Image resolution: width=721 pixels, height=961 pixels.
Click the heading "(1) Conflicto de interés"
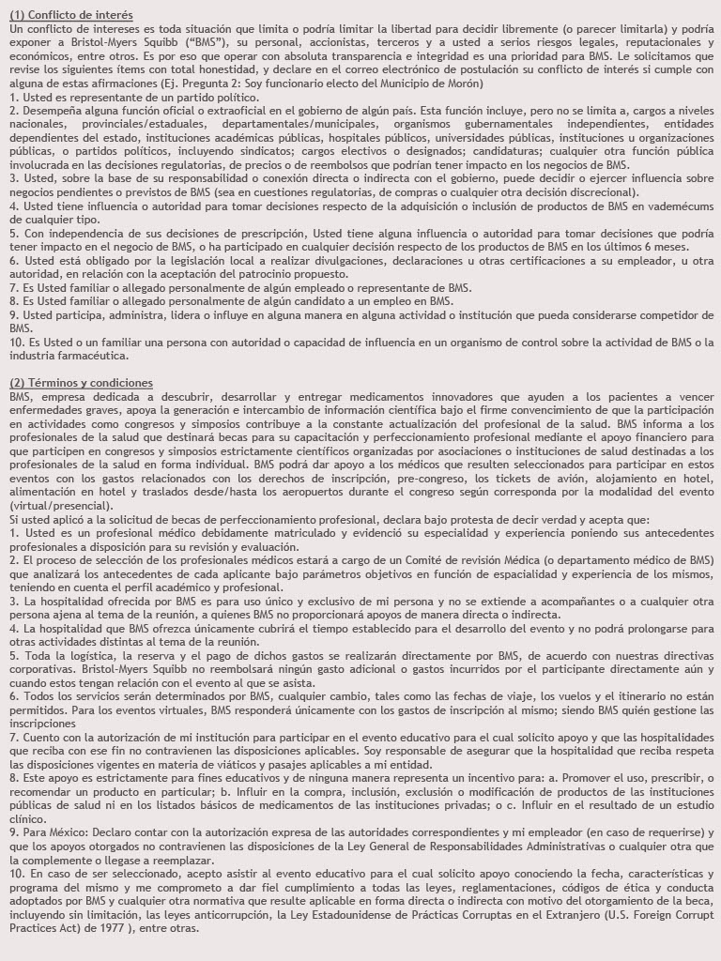click(x=71, y=15)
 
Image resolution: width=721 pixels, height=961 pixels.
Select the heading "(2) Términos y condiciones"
click(x=81, y=383)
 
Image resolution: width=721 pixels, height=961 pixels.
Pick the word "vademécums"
click(x=680, y=206)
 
